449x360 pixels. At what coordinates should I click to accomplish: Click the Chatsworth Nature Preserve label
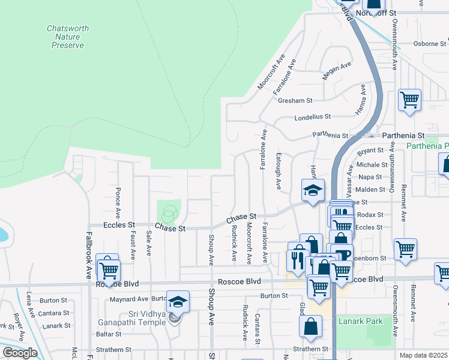pos(67,37)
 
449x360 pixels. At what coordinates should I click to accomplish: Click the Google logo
pos(20,353)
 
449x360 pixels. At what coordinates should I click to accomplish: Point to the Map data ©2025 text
pos(424,355)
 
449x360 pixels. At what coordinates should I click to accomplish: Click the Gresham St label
pos(295,101)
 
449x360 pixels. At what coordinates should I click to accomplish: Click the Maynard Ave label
pos(128,298)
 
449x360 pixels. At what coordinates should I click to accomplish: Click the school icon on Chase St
pos(313,191)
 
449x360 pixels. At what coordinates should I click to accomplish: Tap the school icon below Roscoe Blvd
pos(178,302)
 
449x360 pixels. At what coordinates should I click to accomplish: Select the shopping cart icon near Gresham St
pos(409,100)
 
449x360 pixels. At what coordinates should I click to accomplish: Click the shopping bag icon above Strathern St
pos(311,327)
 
